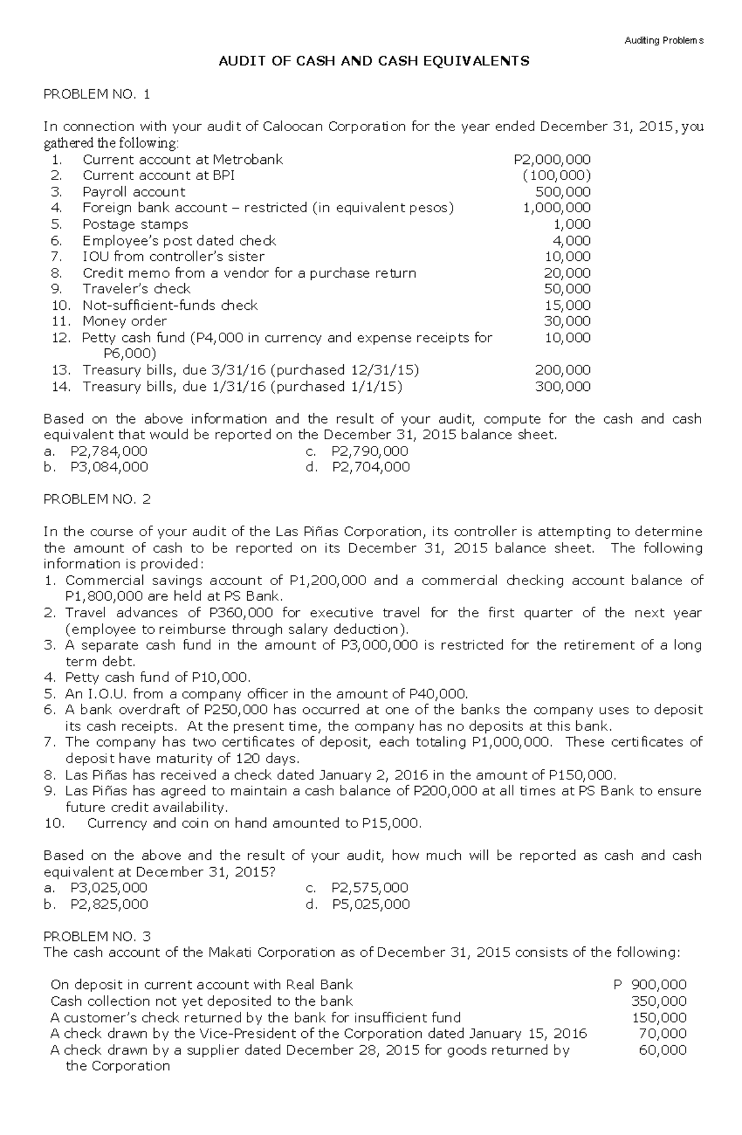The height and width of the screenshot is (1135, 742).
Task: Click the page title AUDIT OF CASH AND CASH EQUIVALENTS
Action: (x=371, y=61)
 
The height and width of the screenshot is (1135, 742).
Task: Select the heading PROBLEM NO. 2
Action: (x=97, y=499)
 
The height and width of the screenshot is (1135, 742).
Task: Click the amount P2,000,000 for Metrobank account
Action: (x=552, y=160)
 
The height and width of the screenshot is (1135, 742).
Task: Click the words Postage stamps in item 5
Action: (x=135, y=225)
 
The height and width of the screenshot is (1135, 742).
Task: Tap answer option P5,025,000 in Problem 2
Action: (x=370, y=904)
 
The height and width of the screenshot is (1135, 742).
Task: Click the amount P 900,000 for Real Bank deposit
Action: (x=649, y=985)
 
